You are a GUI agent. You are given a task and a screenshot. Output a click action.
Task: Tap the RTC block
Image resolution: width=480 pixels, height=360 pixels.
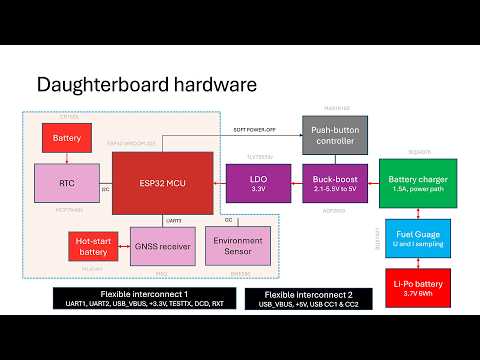pyautogui.click(x=67, y=182)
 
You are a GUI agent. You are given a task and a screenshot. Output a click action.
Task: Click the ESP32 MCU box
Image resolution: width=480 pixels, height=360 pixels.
pyautogui.click(x=162, y=183)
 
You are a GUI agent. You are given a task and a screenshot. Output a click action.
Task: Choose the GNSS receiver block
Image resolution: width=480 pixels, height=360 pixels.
pyautogui.click(x=162, y=245)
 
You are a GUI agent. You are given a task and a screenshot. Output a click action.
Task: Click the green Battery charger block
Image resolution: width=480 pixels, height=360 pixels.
pyautogui.click(x=419, y=183)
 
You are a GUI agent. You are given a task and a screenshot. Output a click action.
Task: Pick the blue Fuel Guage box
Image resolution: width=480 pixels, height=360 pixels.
pyautogui.click(x=419, y=238)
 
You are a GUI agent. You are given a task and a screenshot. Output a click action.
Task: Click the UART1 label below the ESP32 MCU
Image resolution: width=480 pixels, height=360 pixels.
pyautogui.click(x=172, y=219)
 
